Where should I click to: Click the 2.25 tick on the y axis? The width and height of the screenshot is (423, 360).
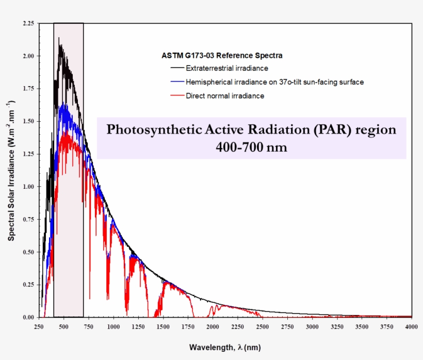coord(28,23)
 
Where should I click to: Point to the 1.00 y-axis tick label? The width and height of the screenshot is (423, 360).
coord(28,187)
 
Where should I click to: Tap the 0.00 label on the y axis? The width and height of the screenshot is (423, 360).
coord(28,317)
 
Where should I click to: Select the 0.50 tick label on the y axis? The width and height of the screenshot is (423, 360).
coord(28,252)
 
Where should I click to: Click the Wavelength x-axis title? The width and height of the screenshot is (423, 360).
coord(225,348)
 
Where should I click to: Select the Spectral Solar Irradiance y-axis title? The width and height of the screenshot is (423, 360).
coord(11,170)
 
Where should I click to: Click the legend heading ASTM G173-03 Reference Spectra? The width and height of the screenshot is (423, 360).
coord(222,55)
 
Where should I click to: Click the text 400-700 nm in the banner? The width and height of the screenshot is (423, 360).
coord(251,148)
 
